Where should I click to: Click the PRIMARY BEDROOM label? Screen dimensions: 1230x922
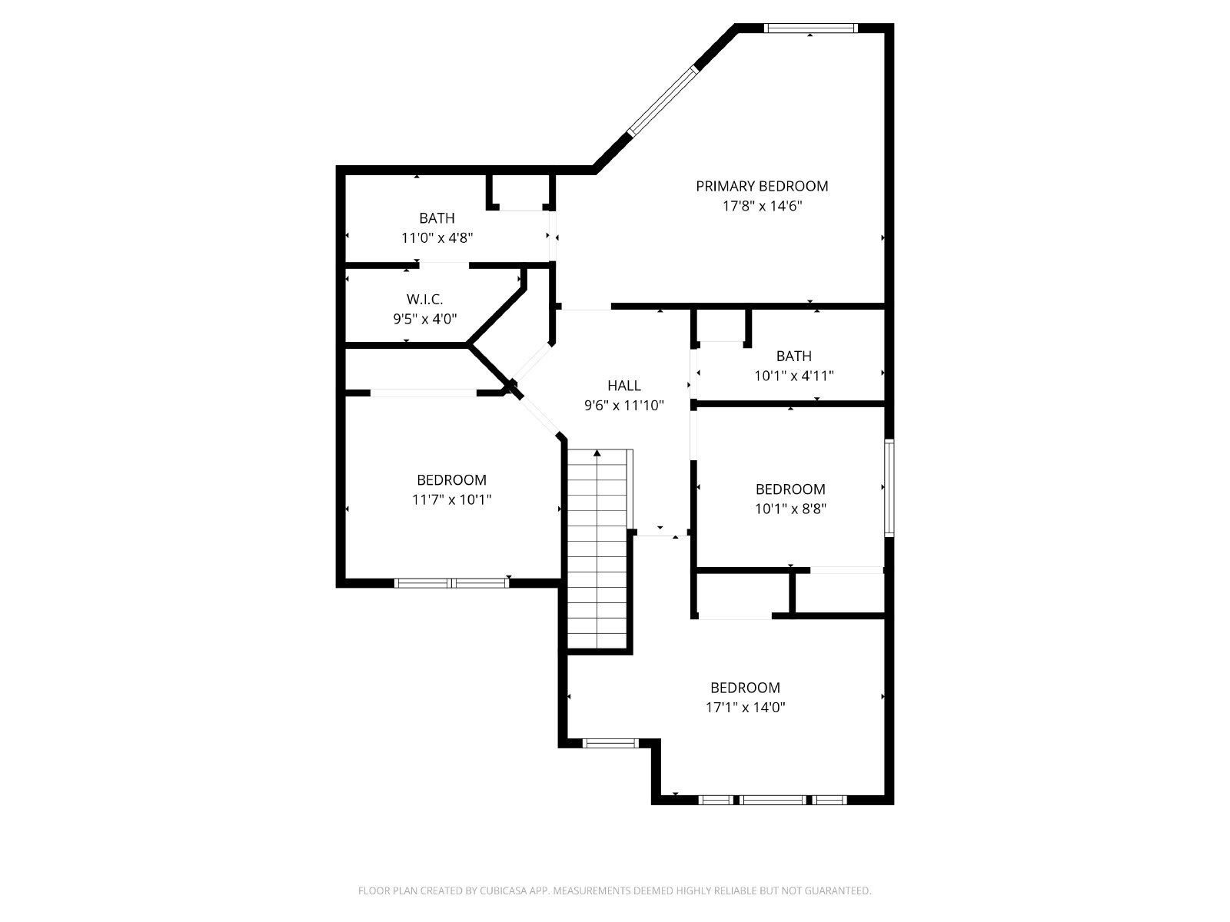(762, 186)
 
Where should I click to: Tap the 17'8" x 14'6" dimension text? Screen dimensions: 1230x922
(762, 206)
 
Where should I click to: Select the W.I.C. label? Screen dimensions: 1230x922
(425, 299)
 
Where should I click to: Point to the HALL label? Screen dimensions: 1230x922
(623, 385)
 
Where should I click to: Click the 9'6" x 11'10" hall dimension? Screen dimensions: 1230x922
(623, 406)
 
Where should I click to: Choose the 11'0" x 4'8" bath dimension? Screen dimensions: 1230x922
(437, 238)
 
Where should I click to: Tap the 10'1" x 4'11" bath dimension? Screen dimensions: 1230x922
(793, 376)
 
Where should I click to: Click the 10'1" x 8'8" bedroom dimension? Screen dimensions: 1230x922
(790, 509)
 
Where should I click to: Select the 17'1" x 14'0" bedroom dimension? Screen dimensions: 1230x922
(745, 707)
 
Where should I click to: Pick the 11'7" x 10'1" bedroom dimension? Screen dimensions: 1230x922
(451, 499)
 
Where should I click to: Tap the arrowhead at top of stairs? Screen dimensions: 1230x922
(597, 453)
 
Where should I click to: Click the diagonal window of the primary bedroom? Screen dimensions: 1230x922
(663, 101)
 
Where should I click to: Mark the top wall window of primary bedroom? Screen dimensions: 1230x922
(810, 28)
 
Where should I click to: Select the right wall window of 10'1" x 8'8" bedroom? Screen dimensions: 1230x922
(889, 488)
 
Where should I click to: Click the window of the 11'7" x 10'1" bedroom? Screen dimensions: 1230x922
(452, 582)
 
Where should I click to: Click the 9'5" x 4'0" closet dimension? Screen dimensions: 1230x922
(425, 319)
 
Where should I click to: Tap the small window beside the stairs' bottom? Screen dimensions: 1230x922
(610, 744)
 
